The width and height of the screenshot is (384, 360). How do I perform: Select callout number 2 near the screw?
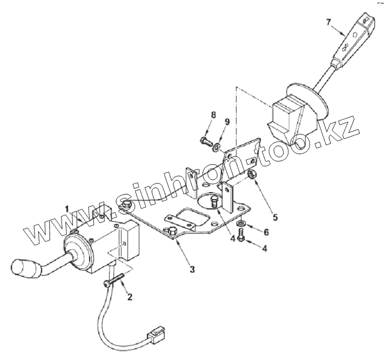click(x=129, y=296)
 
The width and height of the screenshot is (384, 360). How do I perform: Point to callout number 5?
click(x=275, y=218)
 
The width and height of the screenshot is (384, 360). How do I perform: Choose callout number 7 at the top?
click(x=327, y=22)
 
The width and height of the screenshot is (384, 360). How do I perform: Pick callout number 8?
click(x=213, y=115)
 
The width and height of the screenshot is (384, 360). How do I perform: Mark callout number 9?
click(x=227, y=123)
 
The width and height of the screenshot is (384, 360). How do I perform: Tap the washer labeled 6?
click(x=240, y=223)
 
